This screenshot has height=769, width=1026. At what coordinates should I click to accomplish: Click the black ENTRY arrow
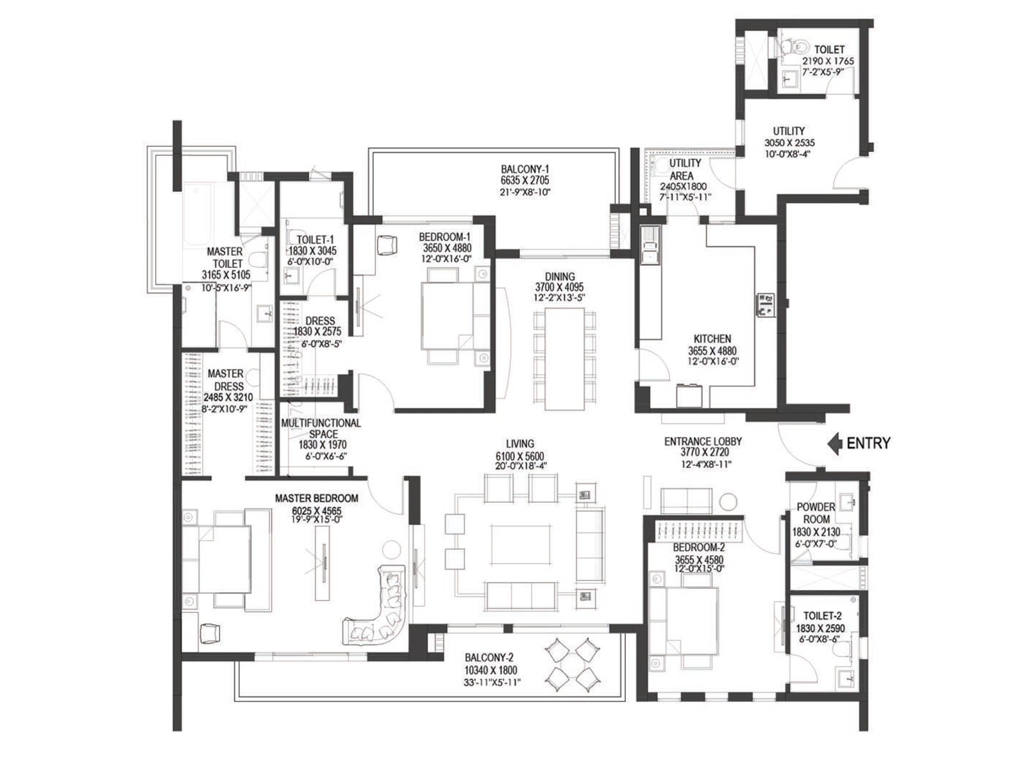coord(834,443)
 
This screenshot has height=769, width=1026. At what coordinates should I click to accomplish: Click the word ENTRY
coord(868,443)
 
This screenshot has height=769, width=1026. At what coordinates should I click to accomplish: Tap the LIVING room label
coord(519,443)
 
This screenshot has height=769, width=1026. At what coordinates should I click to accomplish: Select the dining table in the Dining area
coord(565,359)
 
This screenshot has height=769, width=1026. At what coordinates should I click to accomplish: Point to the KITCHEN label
coord(712,339)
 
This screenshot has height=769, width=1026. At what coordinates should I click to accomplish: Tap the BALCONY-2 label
coord(490,657)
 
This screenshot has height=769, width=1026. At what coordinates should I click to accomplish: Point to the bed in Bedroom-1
coord(447,314)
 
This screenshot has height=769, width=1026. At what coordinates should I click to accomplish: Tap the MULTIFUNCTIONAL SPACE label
coord(321,429)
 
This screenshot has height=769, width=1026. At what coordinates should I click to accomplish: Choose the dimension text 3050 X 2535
coord(789,143)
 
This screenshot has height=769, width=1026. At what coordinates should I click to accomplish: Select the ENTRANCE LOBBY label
coord(703,442)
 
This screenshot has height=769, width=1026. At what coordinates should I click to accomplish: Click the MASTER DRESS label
coord(225,379)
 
